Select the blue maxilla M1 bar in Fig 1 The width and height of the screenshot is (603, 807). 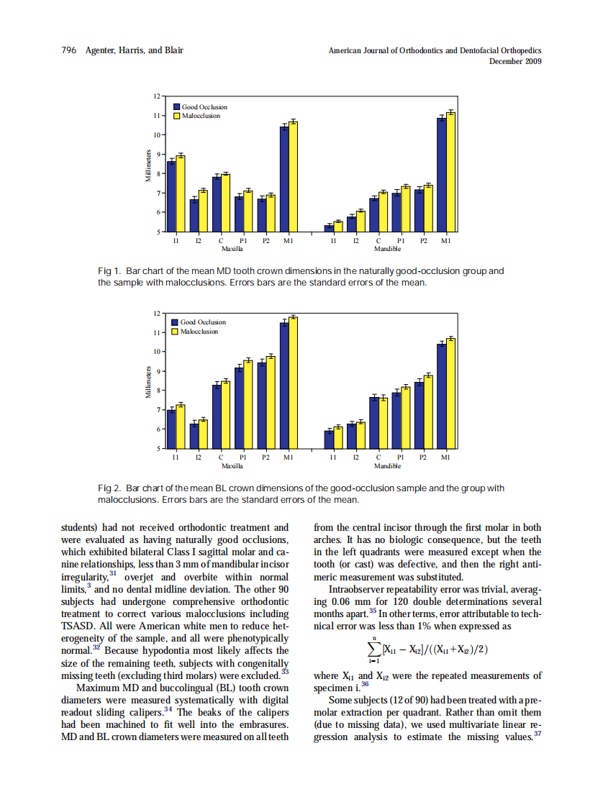tap(285, 179)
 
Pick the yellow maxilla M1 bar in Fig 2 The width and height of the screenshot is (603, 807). tap(293, 382)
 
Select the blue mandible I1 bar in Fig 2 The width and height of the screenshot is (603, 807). tap(329, 439)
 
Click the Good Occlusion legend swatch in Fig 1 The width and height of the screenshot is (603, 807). tap(176, 107)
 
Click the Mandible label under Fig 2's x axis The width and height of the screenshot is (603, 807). tap(388, 465)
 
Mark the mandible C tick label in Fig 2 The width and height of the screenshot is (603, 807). tap(378, 457)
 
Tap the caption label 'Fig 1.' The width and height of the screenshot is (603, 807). tap(109, 271)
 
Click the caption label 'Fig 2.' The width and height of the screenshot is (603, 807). tap(109, 488)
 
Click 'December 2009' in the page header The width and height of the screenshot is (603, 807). tap(515, 61)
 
